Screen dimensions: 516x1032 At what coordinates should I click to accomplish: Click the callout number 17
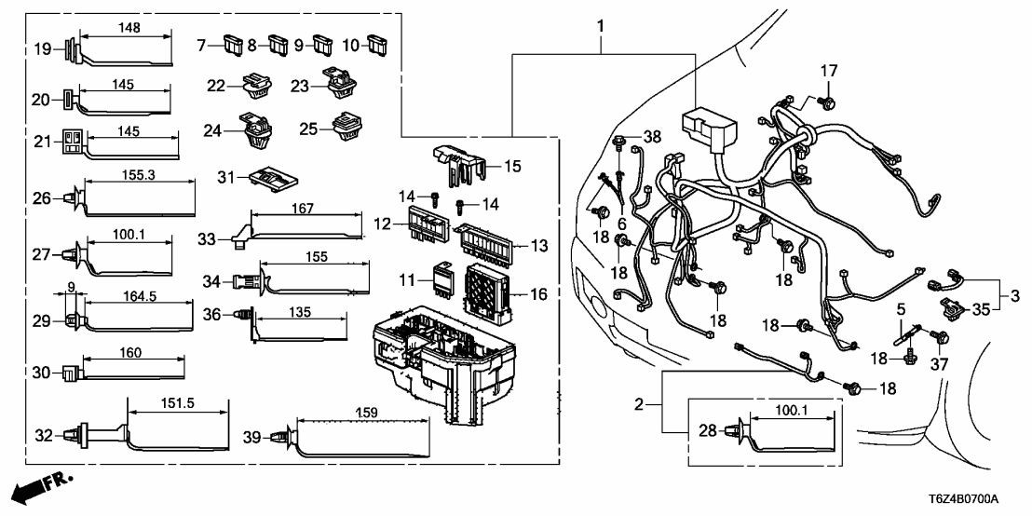[829, 71]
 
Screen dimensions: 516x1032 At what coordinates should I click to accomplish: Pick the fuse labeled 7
[233, 44]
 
